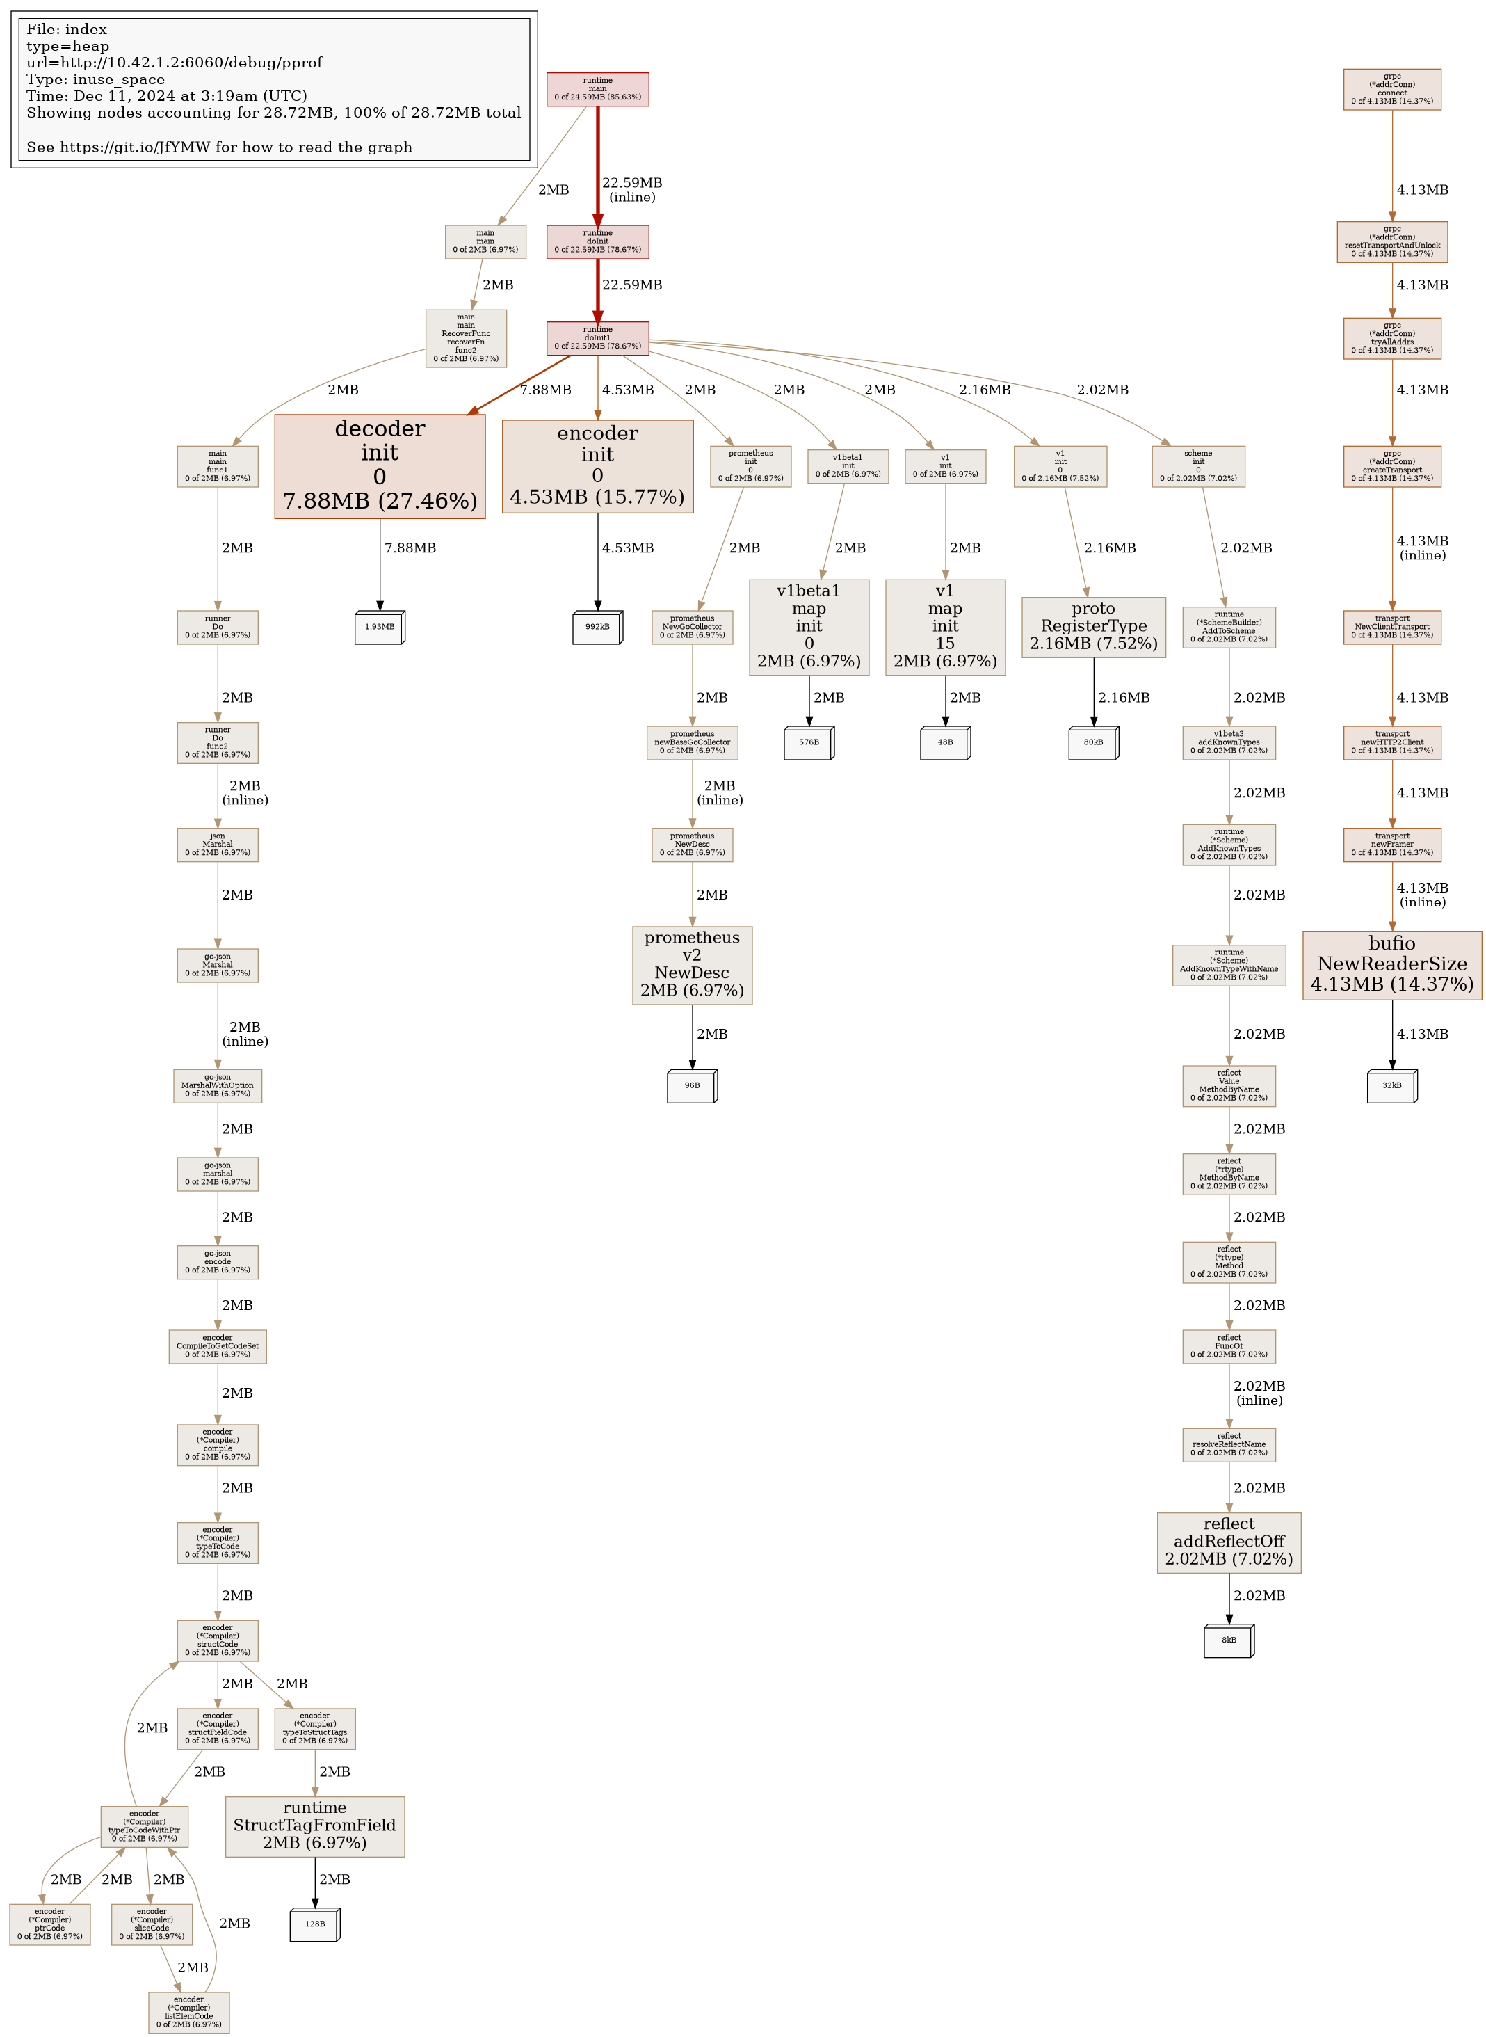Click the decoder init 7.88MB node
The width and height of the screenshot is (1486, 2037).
point(380,466)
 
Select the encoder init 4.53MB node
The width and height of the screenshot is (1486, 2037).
point(597,466)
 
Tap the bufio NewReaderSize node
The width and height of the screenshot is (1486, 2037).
point(1391,964)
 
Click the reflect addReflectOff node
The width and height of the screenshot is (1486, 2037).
point(1229,1542)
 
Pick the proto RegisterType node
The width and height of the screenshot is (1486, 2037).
point(1093,626)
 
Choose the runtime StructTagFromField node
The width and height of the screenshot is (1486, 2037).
point(315,1826)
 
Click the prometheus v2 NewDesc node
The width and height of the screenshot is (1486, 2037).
point(692,964)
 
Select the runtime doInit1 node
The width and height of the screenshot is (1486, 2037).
point(597,337)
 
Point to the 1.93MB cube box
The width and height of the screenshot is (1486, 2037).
point(380,627)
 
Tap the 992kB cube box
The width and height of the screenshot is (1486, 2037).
point(597,627)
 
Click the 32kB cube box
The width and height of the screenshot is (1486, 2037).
point(1391,1085)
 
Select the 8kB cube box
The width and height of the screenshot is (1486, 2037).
point(1229,1639)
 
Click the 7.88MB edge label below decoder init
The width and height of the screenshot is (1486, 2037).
point(410,548)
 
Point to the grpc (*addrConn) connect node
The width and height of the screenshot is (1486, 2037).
point(1391,89)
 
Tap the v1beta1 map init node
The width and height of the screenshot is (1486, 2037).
point(809,626)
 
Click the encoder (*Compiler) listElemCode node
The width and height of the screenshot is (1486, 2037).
point(189,2012)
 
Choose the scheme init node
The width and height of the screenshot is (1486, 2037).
point(1198,466)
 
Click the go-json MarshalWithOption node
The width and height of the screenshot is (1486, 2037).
point(218,1085)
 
